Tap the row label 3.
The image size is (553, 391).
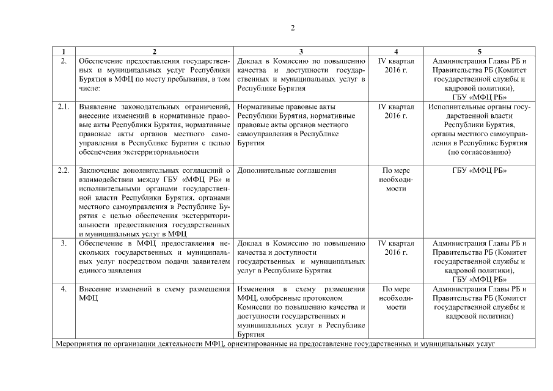pos(64,243)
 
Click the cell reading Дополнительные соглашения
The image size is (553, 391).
pos(285,170)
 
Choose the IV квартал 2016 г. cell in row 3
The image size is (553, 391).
pos(397,247)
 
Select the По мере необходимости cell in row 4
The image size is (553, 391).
pos(397,298)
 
